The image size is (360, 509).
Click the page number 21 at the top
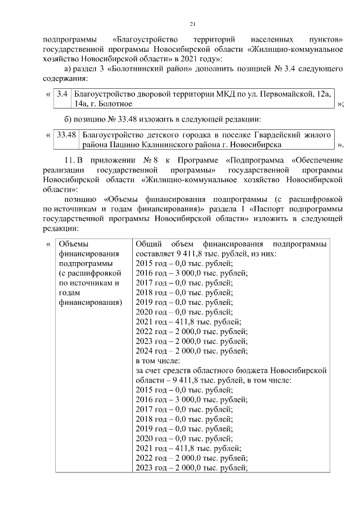(192, 24)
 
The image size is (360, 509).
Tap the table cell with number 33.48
(66, 134)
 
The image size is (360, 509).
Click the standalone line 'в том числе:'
(157, 361)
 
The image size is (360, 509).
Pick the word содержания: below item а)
(62, 79)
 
